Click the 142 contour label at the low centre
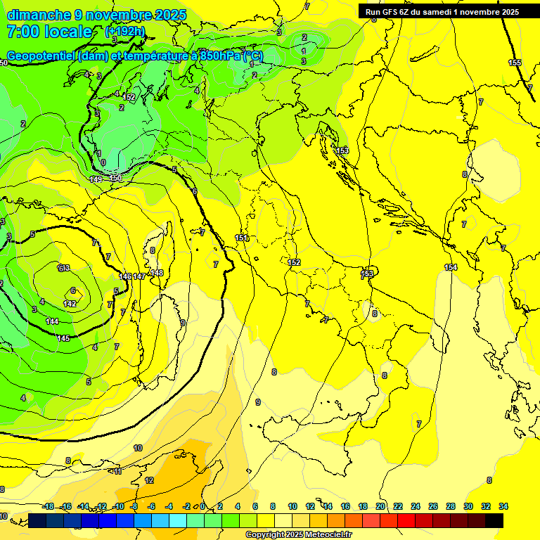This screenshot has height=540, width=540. pyautogui.click(x=70, y=303)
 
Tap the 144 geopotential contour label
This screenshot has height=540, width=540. pyautogui.click(x=52, y=321)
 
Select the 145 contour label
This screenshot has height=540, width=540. pyautogui.click(x=63, y=338)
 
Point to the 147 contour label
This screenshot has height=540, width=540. pyautogui.click(x=139, y=276)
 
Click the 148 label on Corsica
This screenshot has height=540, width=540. pyautogui.click(x=156, y=273)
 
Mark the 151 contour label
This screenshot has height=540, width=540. pyautogui.click(x=242, y=238)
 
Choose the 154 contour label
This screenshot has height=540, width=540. pyautogui.click(x=451, y=267)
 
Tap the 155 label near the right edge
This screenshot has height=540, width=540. pyautogui.click(x=515, y=63)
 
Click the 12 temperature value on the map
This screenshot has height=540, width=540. pyautogui.click(x=149, y=480)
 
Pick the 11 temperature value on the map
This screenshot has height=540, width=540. pyautogui.click(x=117, y=470)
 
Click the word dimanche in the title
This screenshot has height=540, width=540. pyautogui.click(x=39, y=15)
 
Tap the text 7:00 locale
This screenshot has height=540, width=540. pyautogui.click(x=49, y=32)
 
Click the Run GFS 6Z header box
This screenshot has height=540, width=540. pyautogui.click(x=442, y=11)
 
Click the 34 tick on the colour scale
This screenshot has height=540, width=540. pyautogui.click(x=503, y=506)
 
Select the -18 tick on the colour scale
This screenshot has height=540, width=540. pyautogui.click(x=48, y=506)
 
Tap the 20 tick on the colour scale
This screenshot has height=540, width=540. pyautogui.click(x=380, y=506)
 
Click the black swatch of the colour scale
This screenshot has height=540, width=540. pyautogui.click(x=494, y=520)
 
